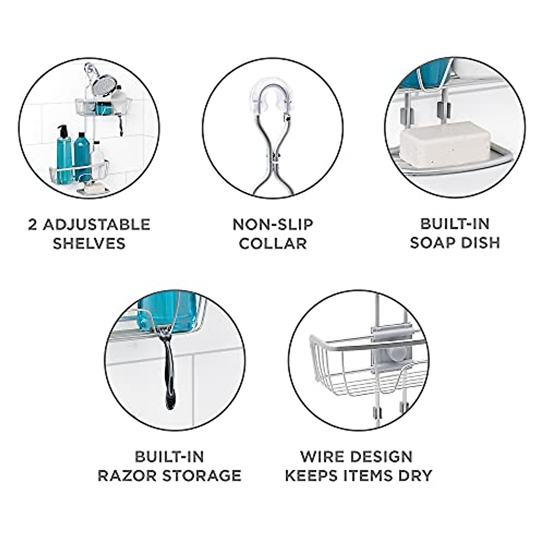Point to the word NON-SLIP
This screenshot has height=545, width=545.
(x=272, y=224)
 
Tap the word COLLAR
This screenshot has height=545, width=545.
(x=272, y=243)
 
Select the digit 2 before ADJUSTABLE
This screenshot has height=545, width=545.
(x=32, y=224)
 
